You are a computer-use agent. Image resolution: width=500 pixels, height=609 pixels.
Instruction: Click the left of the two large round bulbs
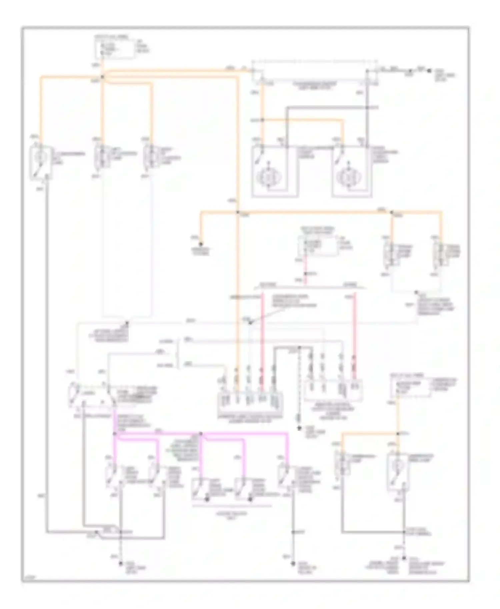coord(269,177)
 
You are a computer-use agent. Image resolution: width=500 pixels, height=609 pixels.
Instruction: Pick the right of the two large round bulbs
coord(349,177)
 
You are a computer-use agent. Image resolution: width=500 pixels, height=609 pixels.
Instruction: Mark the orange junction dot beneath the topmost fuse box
coord(102,77)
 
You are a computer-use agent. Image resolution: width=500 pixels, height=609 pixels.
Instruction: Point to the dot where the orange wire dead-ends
coord(201,244)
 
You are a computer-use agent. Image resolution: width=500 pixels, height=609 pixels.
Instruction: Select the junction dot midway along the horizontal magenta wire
coord(201,433)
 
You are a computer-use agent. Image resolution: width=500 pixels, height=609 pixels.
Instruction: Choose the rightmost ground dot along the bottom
coord(404,558)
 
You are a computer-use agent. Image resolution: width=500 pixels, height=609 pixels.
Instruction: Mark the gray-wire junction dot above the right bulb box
coord(366,108)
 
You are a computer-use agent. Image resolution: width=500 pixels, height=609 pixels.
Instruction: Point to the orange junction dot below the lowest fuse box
coord(398,433)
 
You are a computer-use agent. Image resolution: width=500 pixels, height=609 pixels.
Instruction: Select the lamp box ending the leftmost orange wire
coord(41,162)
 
